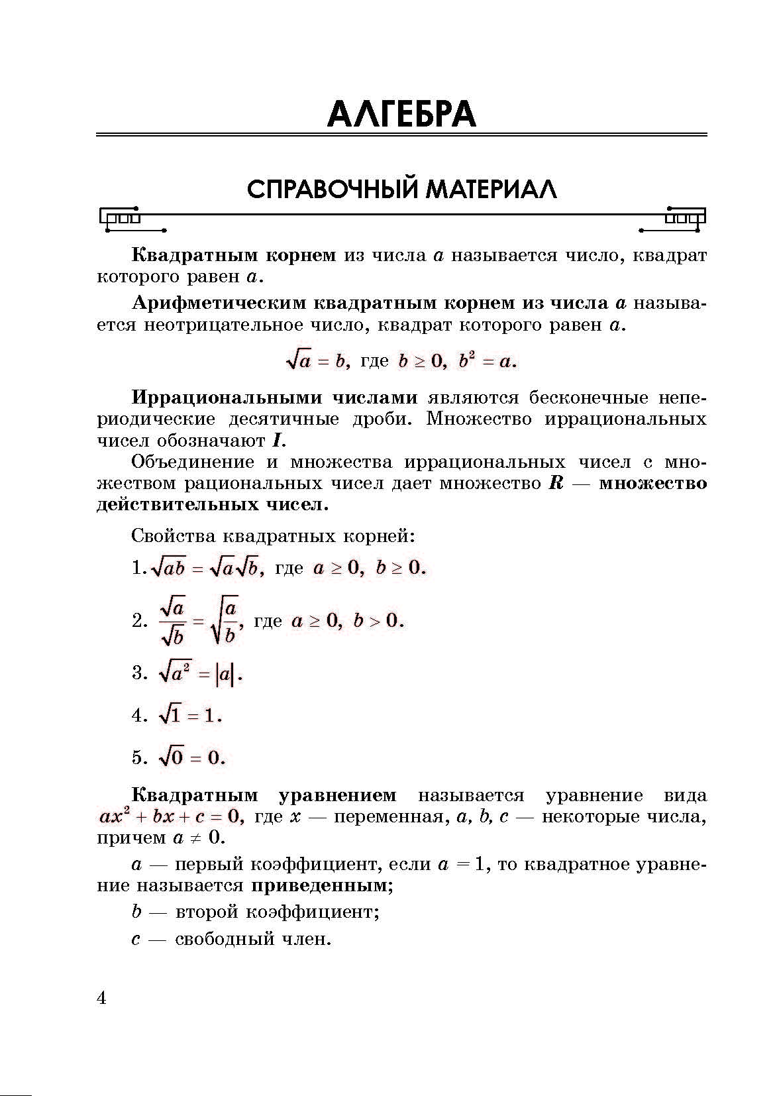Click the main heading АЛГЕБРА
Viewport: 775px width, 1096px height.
click(401, 115)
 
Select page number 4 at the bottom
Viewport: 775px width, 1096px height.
click(101, 998)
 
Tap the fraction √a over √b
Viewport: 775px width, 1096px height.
click(173, 621)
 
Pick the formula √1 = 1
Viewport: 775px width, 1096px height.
click(189, 716)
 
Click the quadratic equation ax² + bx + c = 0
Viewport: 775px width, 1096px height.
click(171, 816)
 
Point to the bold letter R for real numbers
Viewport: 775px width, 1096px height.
click(556, 483)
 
